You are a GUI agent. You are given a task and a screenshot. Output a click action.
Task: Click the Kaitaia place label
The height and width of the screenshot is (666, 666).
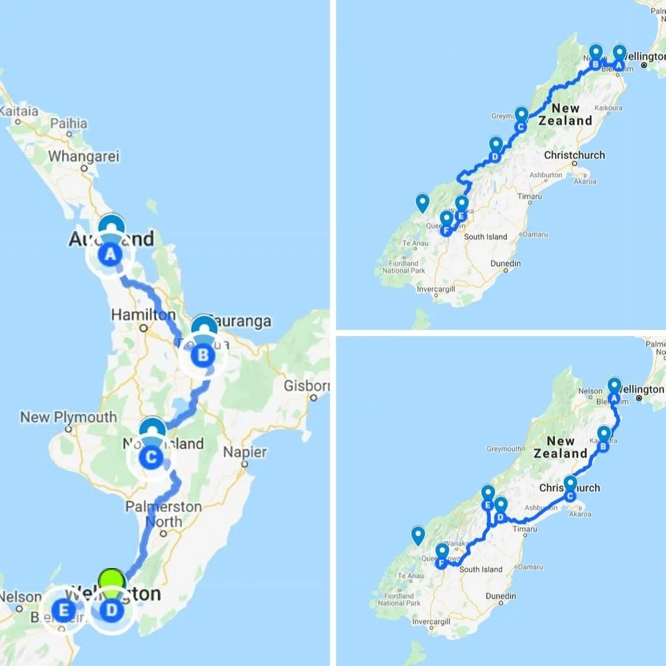[19, 112]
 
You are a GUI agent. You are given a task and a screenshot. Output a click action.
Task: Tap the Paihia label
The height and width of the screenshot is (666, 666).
[69, 123]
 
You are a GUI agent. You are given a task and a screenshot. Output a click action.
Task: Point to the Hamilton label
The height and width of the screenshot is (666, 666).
[143, 315]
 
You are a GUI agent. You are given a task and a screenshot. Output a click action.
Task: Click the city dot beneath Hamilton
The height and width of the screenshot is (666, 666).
[143, 329]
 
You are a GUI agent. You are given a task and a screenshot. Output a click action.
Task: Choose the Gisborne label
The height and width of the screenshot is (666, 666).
[306, 386]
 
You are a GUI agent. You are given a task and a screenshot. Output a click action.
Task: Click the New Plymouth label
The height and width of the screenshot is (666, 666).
[68, 417]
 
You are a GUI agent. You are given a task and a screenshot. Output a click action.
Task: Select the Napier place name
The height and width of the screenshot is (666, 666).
[245, 452]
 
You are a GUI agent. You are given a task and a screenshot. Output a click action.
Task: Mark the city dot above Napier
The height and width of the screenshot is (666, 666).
[245, 438]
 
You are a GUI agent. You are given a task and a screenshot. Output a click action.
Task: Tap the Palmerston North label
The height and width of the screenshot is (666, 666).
[163, 514]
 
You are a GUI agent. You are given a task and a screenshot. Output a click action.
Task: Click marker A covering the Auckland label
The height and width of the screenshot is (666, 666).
[110, 253]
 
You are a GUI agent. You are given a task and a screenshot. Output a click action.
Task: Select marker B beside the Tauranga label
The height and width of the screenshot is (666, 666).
[203, 355]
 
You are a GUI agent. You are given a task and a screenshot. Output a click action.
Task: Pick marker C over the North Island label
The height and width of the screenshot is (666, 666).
[151, 457]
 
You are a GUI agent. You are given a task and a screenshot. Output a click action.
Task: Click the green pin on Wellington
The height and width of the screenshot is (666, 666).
[112, 583]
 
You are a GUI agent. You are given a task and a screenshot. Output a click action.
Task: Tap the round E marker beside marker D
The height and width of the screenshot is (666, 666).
[63, 610]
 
